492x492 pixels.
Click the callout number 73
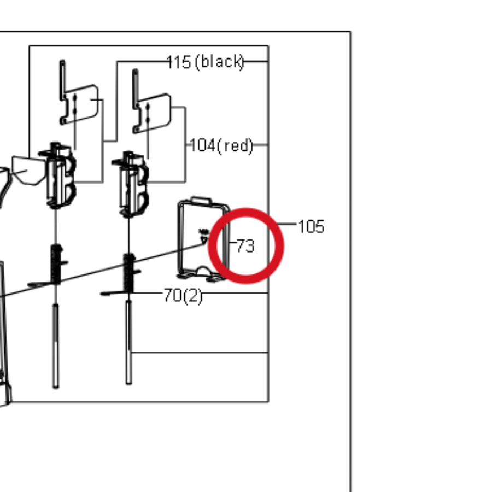[x=245, y=245]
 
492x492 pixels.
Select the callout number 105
[x=311, y=226]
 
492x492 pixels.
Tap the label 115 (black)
[x=206, y=62]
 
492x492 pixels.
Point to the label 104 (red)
[x=221, y=145]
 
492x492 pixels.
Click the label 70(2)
[x=183, y=296]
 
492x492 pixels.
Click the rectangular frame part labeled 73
[x=179, y=238]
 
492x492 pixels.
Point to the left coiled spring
[x=56, y=264]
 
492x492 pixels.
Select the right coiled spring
[x=129, y=273]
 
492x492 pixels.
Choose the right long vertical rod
[x=128, y=342]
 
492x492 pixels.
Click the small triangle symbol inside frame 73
[x=204, y=240]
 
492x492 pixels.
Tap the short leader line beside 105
[x=286, y=224]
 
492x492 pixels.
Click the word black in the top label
[x=219, y=62]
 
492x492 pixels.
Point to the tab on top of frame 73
[x=201, y=200]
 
